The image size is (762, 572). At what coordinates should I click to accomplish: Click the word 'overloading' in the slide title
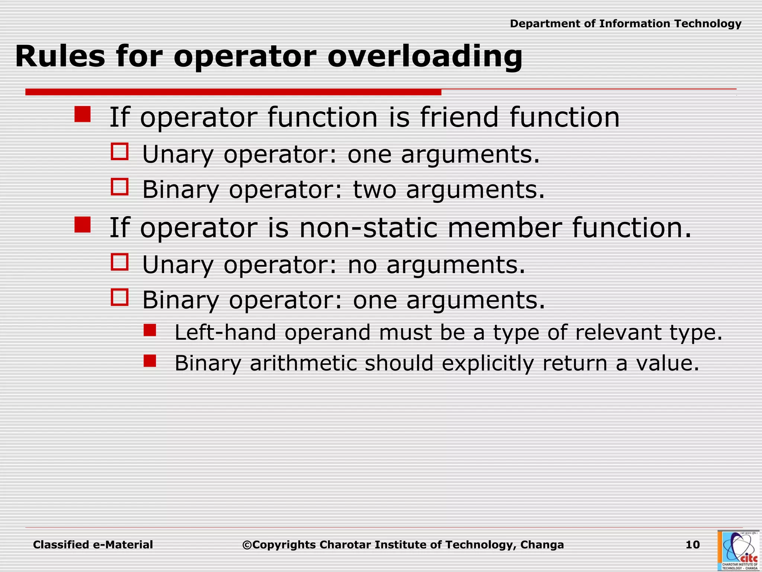tap(425, 57)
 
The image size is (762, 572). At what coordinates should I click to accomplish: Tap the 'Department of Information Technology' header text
tap(625, 24)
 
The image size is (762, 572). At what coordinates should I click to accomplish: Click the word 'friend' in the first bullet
tap(459, 117)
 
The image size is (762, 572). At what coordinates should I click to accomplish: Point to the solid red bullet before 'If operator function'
tap(82, 114)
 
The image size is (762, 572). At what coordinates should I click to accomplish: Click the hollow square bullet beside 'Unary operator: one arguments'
tap(119, 152)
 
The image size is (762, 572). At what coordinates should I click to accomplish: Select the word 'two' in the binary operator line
tap(374, 190)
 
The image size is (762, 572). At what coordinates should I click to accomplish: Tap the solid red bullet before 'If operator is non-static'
tap(82, 225)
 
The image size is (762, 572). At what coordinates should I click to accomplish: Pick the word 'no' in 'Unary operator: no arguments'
tap(362, 265)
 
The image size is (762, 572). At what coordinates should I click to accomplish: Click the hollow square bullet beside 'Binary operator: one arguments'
tap(119, 298)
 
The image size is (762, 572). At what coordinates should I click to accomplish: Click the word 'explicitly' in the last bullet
tap(487, 363)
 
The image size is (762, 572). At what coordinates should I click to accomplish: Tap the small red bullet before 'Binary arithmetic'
tap(150, 361)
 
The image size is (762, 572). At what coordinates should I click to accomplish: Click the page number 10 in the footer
tap(692, 545)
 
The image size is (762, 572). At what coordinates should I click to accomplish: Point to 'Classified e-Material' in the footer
tap(93, 545)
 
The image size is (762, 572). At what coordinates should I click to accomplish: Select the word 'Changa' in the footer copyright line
tap(542, 545)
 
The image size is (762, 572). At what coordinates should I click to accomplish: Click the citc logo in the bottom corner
tap(739, 550)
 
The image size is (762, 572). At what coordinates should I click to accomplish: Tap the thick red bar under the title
tap(233, 92)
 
